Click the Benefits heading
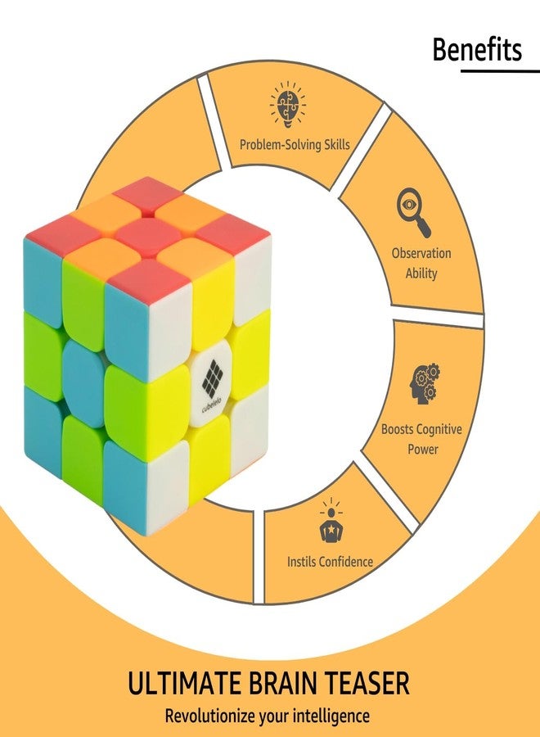[x=477, y=49]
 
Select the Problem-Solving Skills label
[x=295, y=144]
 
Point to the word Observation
[x=421, y=253]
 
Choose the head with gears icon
[x=425, y=383]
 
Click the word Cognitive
[x=439, y=429]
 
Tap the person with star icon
[x=331, y=521]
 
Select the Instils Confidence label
[x=330, y=561]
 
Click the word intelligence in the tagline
[x=331, y=717]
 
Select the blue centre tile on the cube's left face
[x=83, y=383]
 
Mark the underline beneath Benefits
[x=500, y=71]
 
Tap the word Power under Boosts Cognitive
[x=423, y=449]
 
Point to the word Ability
[x=421, y=273]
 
